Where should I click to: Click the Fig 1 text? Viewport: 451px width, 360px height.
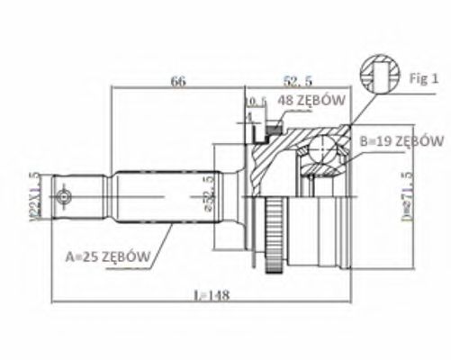[422, 78]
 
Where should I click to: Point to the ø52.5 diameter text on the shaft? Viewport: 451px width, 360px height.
[209, 194]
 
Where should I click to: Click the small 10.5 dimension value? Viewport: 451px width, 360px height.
[256, 100]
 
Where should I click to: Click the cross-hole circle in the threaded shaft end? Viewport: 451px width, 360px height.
[63, 196]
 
